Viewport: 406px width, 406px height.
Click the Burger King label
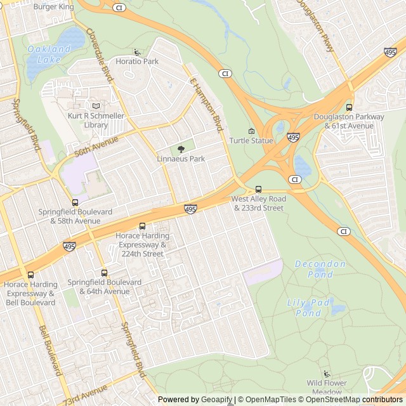pyautogui.click(x=53, y=7)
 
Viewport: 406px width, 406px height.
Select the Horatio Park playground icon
pyautogui.click(x=137, y=52)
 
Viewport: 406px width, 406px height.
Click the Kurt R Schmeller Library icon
pyautogui.click(x=96, y=107)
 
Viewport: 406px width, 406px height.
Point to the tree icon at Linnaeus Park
pyautogui.click(x=181, y=149)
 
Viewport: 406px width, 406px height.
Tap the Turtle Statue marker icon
pyautogui.click(x=251, y=131)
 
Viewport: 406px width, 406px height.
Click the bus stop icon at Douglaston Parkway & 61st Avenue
pyautogui.click(x=349, y=107)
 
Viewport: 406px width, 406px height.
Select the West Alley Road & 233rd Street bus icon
pyautogui.click(x=258, y=189)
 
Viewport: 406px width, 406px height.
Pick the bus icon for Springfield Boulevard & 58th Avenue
pyautogui.click(x=75, y=202)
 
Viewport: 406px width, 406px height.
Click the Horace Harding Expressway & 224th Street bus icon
pyautogui.click(x=142, y=226)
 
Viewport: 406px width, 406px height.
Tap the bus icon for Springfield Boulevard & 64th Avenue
pyautogui.click(x=104, y=273)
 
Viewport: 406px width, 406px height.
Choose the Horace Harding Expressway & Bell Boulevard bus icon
pyautogui.click(x=30, y=275)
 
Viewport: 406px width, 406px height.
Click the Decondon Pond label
pyautogui.click(x=320, y=269)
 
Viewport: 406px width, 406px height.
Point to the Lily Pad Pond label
pyautogui.click(x=308, y=308)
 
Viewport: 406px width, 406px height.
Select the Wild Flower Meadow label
pyautogui.click(x=327, y=387)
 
